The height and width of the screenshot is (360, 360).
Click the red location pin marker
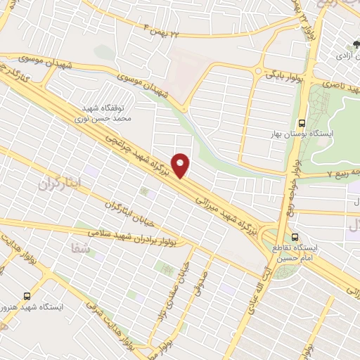182,165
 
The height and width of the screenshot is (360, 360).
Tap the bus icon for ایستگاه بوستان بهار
302,121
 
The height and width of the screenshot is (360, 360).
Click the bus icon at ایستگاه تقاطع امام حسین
294,237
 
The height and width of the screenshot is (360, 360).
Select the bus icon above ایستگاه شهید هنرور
27,296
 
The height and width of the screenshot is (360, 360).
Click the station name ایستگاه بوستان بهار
304,133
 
